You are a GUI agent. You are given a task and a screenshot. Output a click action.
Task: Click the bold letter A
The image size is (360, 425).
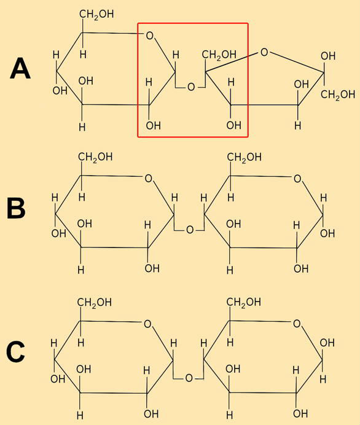point(20,69)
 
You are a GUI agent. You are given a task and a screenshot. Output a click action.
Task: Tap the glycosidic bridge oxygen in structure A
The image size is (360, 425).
point(191,87)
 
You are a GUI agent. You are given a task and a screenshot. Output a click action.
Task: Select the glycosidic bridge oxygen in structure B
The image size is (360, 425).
point(190,230)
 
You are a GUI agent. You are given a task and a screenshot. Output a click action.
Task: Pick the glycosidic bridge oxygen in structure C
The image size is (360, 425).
point(189,378)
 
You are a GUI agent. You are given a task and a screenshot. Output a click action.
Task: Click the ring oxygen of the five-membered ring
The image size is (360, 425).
point(264,52)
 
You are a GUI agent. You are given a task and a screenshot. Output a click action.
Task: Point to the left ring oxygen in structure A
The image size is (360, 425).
point(149,36)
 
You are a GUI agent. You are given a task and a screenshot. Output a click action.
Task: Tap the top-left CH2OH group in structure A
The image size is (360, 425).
point(96,14)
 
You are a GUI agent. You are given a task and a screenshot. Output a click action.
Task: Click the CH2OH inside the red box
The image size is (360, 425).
point(219,55)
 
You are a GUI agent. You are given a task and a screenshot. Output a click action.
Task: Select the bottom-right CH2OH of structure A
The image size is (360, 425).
point(338,95)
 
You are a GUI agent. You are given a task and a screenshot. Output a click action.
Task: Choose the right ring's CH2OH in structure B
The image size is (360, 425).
point(245,157)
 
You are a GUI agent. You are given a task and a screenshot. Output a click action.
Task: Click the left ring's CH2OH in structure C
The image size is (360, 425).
point(95,303)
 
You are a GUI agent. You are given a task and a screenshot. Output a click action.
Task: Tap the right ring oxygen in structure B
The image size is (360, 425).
point(297,179)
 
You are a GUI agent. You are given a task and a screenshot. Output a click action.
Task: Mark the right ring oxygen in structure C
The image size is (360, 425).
point(297,324)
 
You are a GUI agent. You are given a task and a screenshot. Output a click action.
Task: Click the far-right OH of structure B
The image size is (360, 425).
point(327,233)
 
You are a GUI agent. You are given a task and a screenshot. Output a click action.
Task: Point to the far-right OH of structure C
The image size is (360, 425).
point(327,343)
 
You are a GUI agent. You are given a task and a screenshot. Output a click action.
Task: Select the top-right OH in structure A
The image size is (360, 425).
point(328,56)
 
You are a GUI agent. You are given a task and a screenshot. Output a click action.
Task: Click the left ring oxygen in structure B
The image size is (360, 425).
point(148,179)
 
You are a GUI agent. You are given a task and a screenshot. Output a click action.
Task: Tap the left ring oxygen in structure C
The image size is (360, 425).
point(147,324)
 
